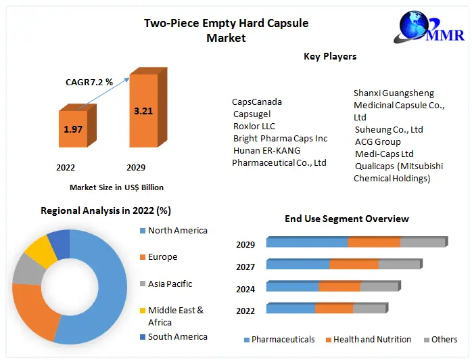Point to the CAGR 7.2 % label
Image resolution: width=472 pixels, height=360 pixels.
[x=88, y=83]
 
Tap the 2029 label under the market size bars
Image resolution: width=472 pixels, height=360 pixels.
[x=135, y=167]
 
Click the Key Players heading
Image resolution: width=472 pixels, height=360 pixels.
[x=330, y=56]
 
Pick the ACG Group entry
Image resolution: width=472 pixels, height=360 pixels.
[x=377, y=141]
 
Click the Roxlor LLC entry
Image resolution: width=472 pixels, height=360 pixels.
[x=254, y=127]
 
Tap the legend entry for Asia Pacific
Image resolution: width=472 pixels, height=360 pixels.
[x=170, y=284]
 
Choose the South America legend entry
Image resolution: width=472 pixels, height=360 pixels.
[x=177, y=336]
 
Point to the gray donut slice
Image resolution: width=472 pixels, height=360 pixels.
[x=27, y=270]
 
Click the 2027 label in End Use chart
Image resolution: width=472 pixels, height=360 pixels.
[x=245, y=267]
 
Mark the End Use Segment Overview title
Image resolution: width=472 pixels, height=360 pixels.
[x=346, y=219]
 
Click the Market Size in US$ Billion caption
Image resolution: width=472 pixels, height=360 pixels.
[x=116, y=187]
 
